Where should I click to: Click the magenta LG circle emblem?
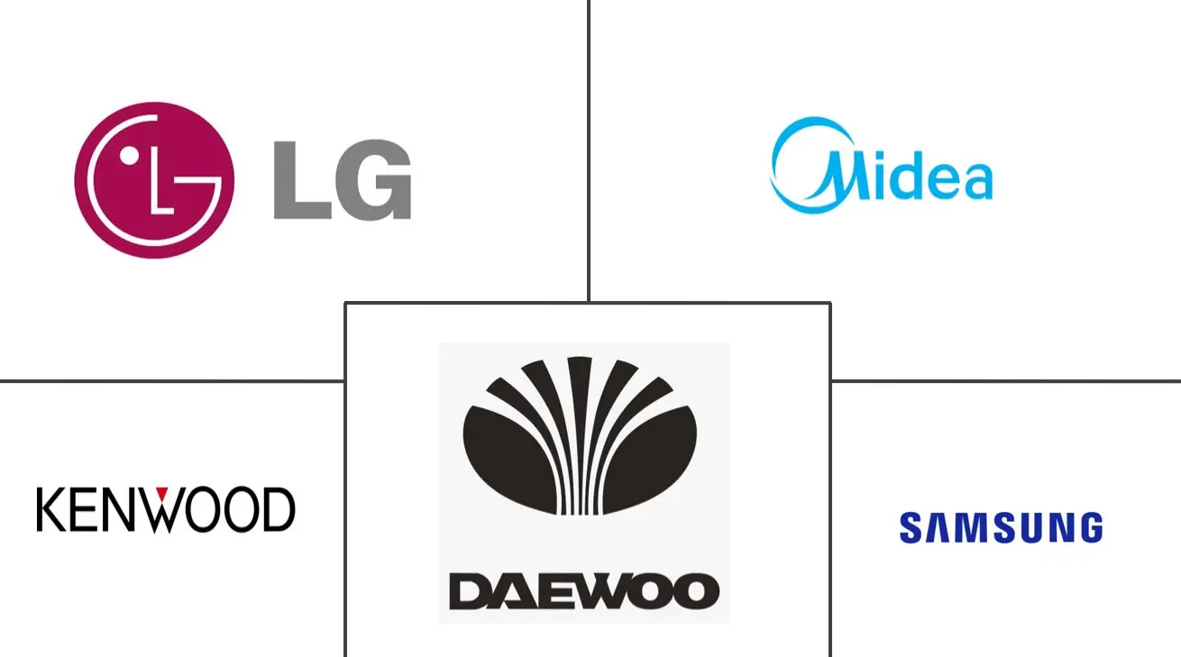click(154, 180)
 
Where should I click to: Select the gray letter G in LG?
click(373, 179)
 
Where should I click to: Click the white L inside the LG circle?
click(161, 180)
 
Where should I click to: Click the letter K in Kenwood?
click(50, 509)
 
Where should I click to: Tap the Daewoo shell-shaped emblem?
click(580, 436)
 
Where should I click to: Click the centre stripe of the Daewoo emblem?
click(580, 435)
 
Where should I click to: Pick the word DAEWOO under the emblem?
click(584, 592)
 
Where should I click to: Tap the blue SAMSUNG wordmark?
click(1002, 527)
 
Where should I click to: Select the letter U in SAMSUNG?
click(1030, 527)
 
